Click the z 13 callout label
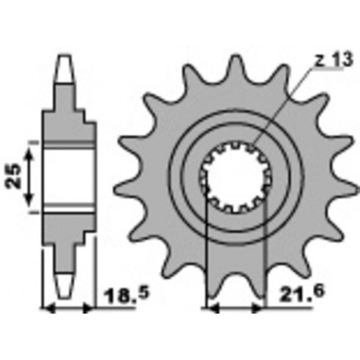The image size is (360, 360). pyautogui.click(x=333, y=60)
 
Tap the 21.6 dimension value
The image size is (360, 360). pyautogui.click(x=302, y=293)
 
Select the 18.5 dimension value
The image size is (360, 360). pyautogui.click(x=127, y=295)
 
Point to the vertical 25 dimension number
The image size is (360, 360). pyautogui.click(x=14, y=176)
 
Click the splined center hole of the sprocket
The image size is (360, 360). pyautogui.click(x=235, y=177)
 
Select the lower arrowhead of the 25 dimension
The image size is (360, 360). pyautogui.click(x=30, y=200)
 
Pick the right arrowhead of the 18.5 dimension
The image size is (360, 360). pyautogui.click(x=88, y=309)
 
